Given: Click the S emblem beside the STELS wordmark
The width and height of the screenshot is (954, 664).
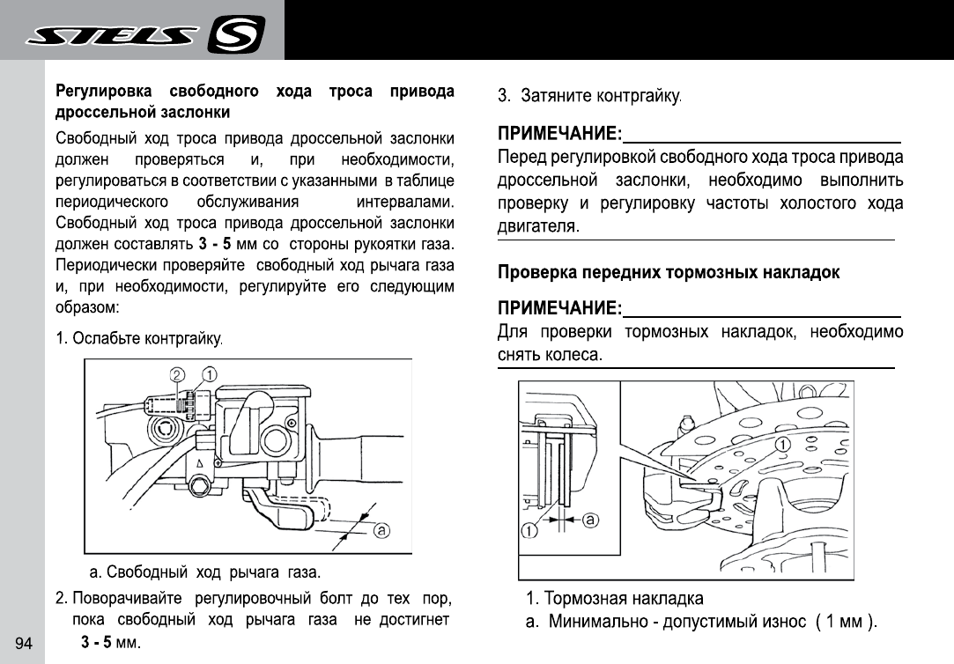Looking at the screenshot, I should tap(235, 36).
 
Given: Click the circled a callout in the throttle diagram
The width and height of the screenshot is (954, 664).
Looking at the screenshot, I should tap(381, 530).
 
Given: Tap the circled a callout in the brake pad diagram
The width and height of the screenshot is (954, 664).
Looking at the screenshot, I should tap(590, 520).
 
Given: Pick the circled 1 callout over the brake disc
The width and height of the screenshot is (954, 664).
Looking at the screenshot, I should tap(780, 445).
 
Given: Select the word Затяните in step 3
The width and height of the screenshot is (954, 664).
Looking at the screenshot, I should tap(556, 95).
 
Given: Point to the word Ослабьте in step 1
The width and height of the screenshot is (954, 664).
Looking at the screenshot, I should tap(107, 339).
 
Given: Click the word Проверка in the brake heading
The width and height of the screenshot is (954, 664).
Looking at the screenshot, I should tap(537, 273).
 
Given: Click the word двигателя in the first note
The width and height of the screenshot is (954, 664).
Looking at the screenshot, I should tap(537, 226).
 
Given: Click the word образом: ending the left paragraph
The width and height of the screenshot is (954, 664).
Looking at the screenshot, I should tap(86, 308).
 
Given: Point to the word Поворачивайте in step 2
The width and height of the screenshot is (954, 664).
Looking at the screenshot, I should tap(129, 599).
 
